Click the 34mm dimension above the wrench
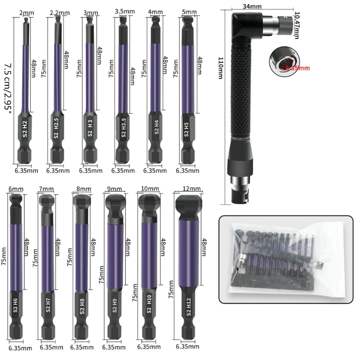(x=258, y=6)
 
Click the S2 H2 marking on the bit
(x=25, y=127)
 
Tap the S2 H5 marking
(x=186, y=129)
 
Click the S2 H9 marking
(x=114, y=309)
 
